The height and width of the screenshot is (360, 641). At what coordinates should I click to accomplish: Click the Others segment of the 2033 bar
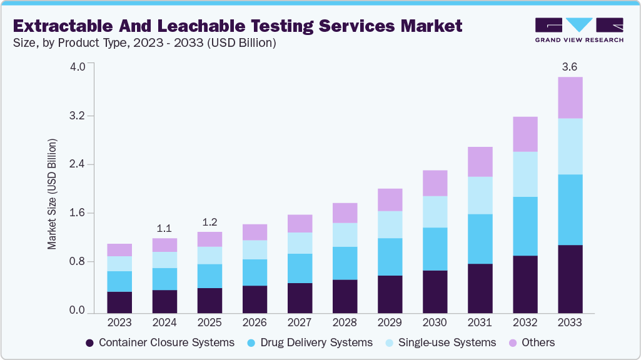point(570,97)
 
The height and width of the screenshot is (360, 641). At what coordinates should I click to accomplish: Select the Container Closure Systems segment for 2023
point(119,302)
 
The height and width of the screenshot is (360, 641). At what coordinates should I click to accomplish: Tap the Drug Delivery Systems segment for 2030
point(435,249)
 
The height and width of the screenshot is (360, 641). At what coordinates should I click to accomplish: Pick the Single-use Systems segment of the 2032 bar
point(525,174)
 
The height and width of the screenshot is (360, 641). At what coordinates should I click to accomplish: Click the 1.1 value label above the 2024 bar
point(164,229)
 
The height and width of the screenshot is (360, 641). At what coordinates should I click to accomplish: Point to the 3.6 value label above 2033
point(570,67)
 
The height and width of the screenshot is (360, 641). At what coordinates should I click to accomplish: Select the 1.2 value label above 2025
point(209,222)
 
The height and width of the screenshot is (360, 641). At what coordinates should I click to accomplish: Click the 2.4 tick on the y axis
point(81,165)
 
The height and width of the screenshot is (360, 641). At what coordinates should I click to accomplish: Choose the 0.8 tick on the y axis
point(81,262)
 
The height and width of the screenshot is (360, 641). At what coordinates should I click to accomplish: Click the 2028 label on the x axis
point(345,322)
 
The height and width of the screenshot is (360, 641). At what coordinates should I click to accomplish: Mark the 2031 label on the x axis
point(480,322)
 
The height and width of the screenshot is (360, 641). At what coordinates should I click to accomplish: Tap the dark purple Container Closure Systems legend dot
point(89,342)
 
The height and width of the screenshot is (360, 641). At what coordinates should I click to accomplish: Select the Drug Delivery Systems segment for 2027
point(300,268)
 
